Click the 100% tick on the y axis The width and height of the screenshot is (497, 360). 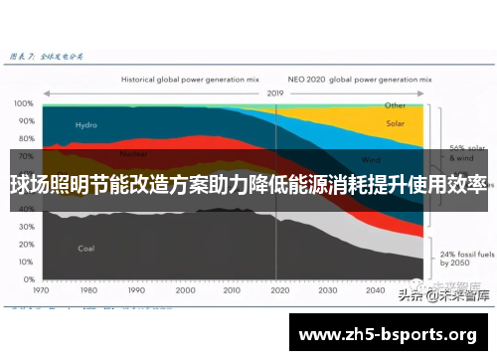pyautogui.click(x=23, y=103)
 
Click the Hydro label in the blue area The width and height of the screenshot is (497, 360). pyautogui.click(x=86, y=125)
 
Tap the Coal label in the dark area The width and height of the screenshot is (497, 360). pyautogui.click(x=86, y=248)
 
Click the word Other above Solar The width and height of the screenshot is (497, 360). pyautogui.click(x=396, y=104)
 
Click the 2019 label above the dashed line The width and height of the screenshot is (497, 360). pyautogui.click(x=275, y=92)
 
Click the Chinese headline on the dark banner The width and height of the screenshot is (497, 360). pyautogui.click(x=248, y=184)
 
